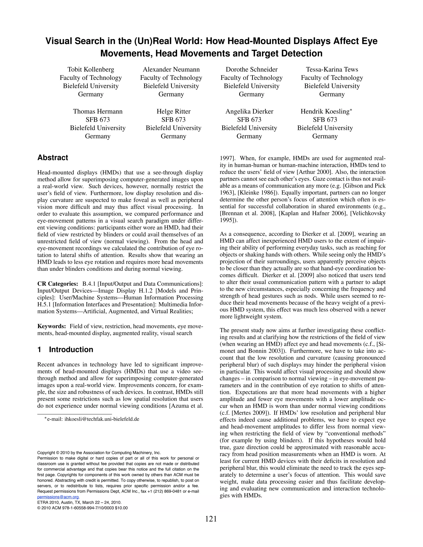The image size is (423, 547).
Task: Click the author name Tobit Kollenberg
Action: pos(91,69)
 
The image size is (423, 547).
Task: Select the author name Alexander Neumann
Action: pos(171,69)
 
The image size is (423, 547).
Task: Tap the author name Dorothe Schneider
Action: pos(251,69)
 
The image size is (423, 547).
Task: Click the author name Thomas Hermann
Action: pos(98,111)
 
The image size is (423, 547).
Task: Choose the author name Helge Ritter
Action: pos(173,111)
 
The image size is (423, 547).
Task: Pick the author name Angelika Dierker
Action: pos(249,111)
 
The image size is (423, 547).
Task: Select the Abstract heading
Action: pos(53,158)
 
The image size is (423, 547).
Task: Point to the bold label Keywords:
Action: pos(52,326)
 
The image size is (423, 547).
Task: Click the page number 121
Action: pos(211,519)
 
